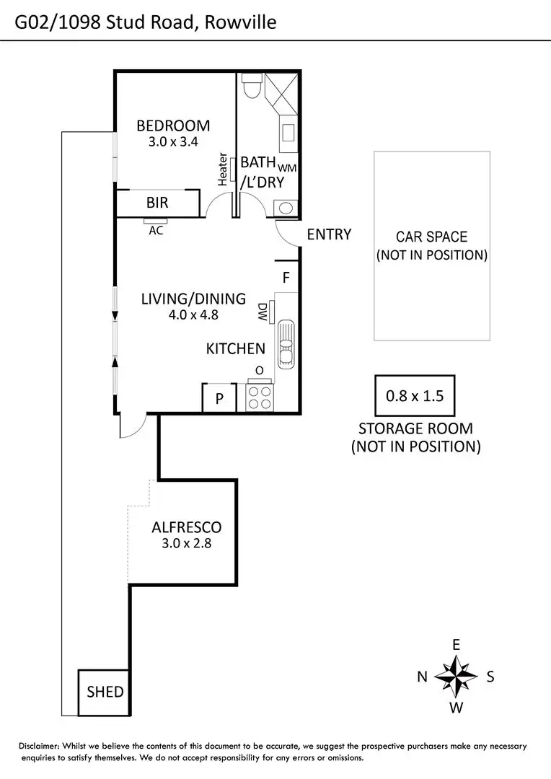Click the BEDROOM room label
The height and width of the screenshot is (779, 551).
173,126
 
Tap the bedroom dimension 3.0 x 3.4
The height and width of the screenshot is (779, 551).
173,142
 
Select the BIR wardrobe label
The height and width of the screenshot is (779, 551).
157,203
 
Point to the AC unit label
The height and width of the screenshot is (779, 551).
155,231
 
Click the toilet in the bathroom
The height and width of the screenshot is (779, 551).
252,87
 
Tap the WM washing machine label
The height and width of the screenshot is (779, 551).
287,167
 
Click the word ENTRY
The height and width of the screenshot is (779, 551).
329,234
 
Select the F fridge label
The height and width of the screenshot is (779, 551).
286,277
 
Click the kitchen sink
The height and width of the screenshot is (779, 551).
286,345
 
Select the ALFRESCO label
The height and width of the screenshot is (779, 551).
186,527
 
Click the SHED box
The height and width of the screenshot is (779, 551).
105,692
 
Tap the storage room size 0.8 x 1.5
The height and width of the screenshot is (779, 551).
414,395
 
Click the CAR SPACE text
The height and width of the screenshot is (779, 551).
431,237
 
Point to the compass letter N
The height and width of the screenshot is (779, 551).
422,677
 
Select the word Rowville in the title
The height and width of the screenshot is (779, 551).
240,24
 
